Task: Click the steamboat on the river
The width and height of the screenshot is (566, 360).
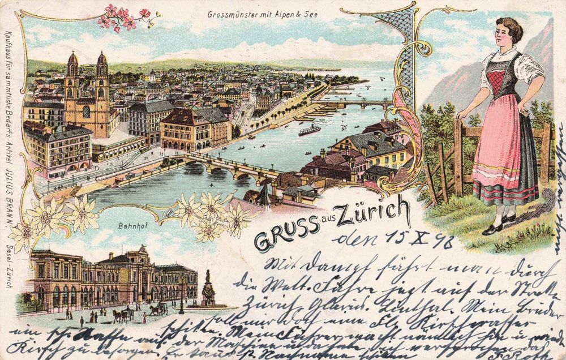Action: (309, 130)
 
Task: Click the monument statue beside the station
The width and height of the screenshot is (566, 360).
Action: (208, 289)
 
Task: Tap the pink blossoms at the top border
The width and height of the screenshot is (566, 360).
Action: (125, 18)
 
